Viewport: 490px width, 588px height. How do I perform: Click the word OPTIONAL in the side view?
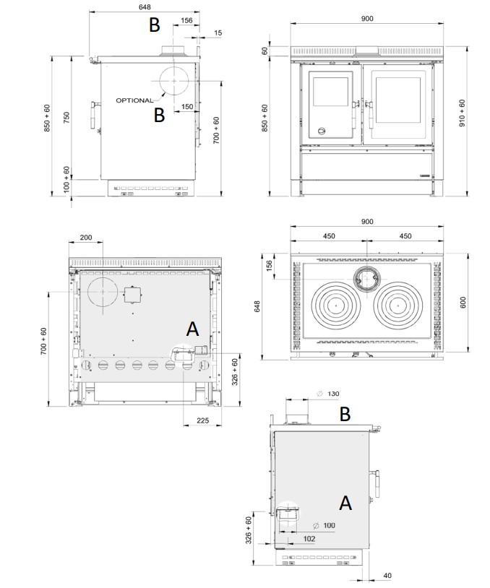click(134, 100)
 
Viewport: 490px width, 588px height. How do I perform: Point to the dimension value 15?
click(218, 33)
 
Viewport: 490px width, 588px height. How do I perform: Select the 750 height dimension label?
click(66, 119)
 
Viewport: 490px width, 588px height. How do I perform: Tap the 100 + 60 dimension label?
click(66, 179)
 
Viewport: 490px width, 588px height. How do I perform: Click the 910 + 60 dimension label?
click(462, 113)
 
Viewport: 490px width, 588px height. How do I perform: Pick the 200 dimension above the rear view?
click(86, 238)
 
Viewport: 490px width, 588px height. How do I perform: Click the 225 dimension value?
click(202, 420)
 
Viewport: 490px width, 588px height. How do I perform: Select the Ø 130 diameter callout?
click(328, 394)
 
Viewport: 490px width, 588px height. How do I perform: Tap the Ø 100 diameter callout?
click(324, 525)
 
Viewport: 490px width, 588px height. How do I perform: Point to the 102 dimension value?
click(309, 539)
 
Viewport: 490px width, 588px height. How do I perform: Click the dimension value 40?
click(387, 576)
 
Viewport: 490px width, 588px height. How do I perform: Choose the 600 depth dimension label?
click(463, 302)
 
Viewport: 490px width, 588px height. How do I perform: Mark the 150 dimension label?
click(187, 107)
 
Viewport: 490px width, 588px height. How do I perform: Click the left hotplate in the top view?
click(335, 306)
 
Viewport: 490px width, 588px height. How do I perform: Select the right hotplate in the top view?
click(397, 306)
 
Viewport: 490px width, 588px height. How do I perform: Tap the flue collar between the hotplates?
click(366, 279)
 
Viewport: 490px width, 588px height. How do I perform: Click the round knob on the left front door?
click(322, 131)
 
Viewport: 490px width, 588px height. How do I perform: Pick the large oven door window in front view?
click(397, 100)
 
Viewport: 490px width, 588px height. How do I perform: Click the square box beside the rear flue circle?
click(132, 295)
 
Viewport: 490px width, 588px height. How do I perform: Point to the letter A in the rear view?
click(192, 329)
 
